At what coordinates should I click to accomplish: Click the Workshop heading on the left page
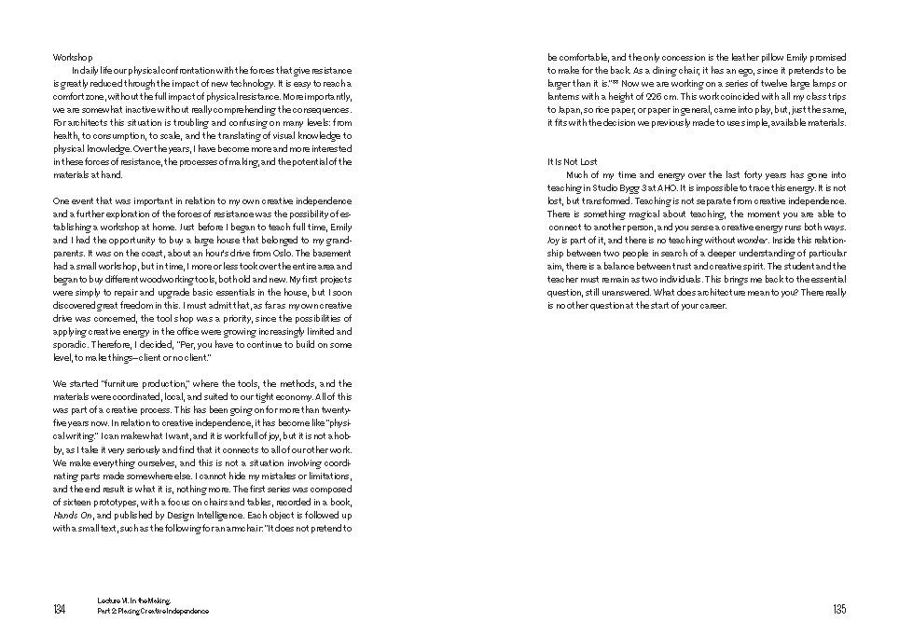click(x=73, y=57)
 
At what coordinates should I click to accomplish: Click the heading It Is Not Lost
click(x=572, y=161)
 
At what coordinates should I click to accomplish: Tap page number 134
click(x=60, y=610)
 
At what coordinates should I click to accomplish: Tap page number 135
click(x=839, y=610)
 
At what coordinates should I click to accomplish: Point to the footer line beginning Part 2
click(x=153, y=612)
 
